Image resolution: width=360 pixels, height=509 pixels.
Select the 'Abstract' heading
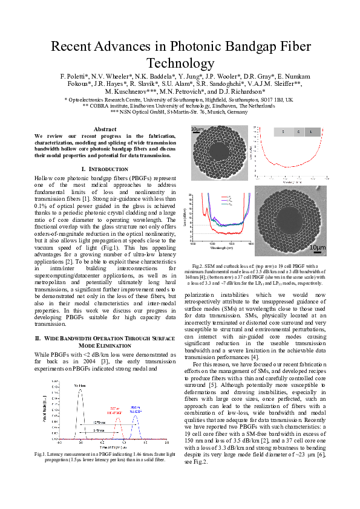105,129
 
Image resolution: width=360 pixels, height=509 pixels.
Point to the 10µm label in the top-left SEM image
197,129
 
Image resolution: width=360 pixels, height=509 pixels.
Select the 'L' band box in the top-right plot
310,131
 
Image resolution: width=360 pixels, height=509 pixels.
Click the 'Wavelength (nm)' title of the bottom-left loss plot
221,248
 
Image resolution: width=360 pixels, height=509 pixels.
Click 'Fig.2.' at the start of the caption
199,266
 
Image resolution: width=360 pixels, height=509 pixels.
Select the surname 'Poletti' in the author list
73,76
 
